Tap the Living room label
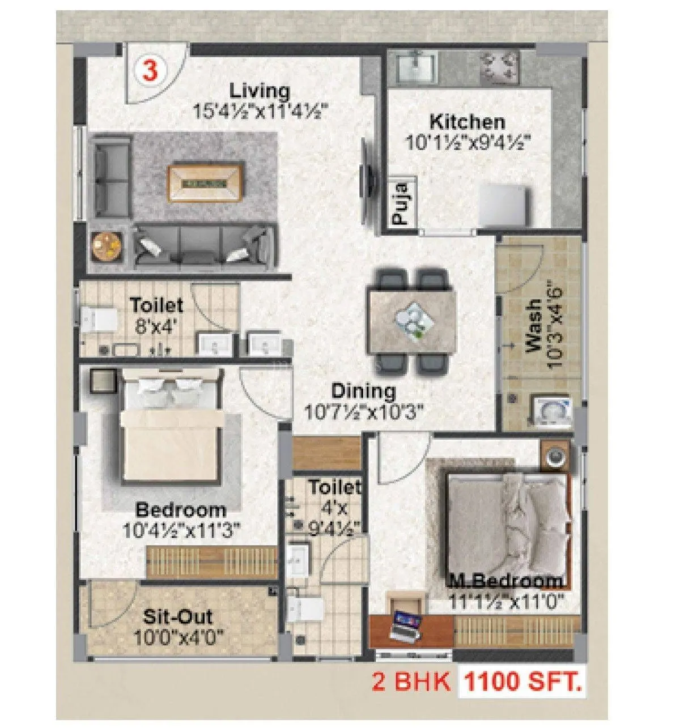pos(260,91)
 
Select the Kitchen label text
pos(467,121)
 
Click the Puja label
pos(402,203)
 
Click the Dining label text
pos(363,391)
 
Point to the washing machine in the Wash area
pos(551,410)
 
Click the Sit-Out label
pos(178,616)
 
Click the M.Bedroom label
pos(506,581)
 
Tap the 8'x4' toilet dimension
pos(157,325)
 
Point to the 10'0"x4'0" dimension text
pos(178,637)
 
